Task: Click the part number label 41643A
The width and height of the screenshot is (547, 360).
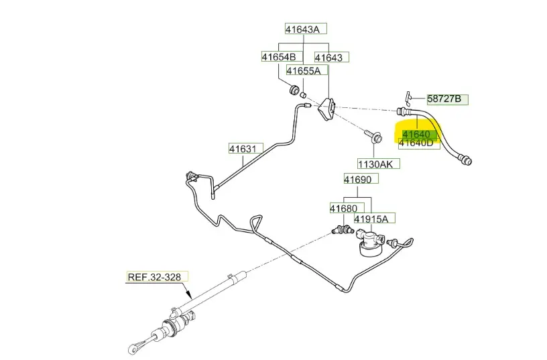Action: point(306,29)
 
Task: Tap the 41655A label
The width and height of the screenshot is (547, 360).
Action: point(304,70)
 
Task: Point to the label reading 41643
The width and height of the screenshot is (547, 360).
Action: point(328,57)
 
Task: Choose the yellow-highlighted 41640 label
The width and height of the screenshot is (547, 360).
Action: point(416,134)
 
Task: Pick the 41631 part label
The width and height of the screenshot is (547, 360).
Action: point(245,148)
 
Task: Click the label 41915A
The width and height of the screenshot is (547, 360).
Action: point(375,218)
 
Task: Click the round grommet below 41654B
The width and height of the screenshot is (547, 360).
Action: point(292,90)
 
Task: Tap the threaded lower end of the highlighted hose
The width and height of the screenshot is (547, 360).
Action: point(465,160)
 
